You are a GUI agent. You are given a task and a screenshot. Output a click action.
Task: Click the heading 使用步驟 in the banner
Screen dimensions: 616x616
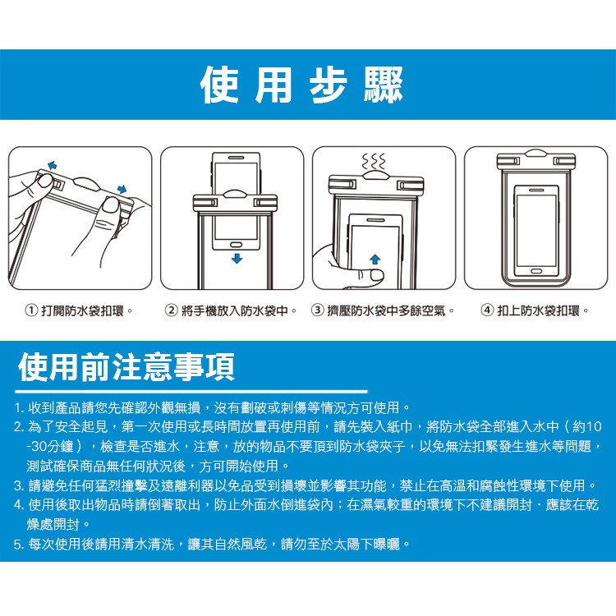[301, 85]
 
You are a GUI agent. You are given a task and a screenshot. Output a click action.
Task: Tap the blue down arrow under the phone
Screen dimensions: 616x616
[237, 259]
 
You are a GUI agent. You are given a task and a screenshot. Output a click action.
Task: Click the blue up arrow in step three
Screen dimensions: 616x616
[375, 259]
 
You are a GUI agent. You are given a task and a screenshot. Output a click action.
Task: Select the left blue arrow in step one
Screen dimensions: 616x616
[52, 165]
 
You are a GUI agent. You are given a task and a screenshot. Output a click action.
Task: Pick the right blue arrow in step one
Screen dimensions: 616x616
[122, 189]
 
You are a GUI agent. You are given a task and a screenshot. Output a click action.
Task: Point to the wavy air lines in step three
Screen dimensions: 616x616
[373, 161]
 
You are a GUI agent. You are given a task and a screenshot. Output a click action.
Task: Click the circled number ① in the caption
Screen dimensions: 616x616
[31, 310]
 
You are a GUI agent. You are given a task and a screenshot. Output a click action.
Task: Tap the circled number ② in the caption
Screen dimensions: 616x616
[171, 310]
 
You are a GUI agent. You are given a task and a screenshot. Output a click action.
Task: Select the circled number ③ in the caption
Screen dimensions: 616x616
[317, 310]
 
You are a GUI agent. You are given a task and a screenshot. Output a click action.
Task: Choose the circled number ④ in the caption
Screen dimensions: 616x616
[487, 310]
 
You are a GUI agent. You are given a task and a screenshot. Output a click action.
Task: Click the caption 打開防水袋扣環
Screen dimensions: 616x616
[83, 310]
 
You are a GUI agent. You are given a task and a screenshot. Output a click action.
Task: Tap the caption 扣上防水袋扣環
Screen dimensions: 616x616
[539, 310]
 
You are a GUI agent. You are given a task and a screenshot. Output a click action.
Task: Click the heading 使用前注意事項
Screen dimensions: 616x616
[126, 367]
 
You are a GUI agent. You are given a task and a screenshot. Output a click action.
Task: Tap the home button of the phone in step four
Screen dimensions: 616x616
[536, 272]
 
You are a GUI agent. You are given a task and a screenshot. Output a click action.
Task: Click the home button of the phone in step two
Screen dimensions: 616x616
[236, 245]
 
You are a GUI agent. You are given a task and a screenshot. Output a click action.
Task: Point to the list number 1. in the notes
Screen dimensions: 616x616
[19, 407]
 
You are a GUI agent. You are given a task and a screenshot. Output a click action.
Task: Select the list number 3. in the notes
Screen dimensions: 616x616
[19, 485]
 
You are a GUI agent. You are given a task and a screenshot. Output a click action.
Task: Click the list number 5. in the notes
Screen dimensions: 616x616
[19, 544]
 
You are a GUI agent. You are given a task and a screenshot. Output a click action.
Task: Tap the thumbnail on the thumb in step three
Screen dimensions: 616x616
[377, 275]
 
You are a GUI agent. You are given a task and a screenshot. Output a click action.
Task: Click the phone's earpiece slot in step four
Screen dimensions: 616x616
[536, 191]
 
